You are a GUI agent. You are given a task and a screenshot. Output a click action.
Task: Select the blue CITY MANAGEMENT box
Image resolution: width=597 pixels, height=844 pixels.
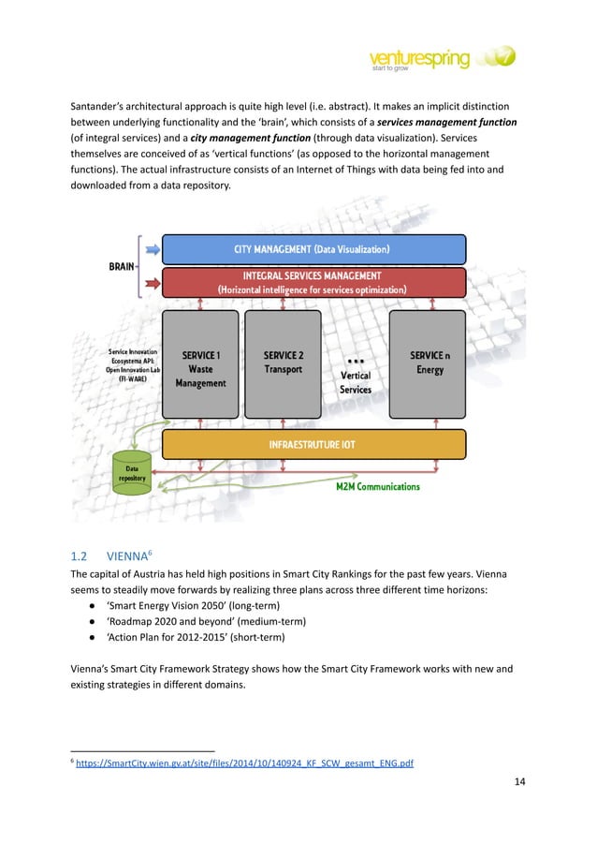(x=313, y=249)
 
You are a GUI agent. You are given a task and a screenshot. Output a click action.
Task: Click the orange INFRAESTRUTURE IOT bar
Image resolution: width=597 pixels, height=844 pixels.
(x=313, y=444)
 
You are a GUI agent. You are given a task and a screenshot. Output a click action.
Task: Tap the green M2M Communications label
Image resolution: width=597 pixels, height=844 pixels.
(x=378, y=486)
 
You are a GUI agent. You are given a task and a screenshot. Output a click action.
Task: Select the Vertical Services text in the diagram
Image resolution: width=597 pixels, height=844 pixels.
(x=356, y=382)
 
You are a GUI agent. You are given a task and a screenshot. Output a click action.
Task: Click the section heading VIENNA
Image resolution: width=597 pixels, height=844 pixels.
(x=128, y=555)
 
